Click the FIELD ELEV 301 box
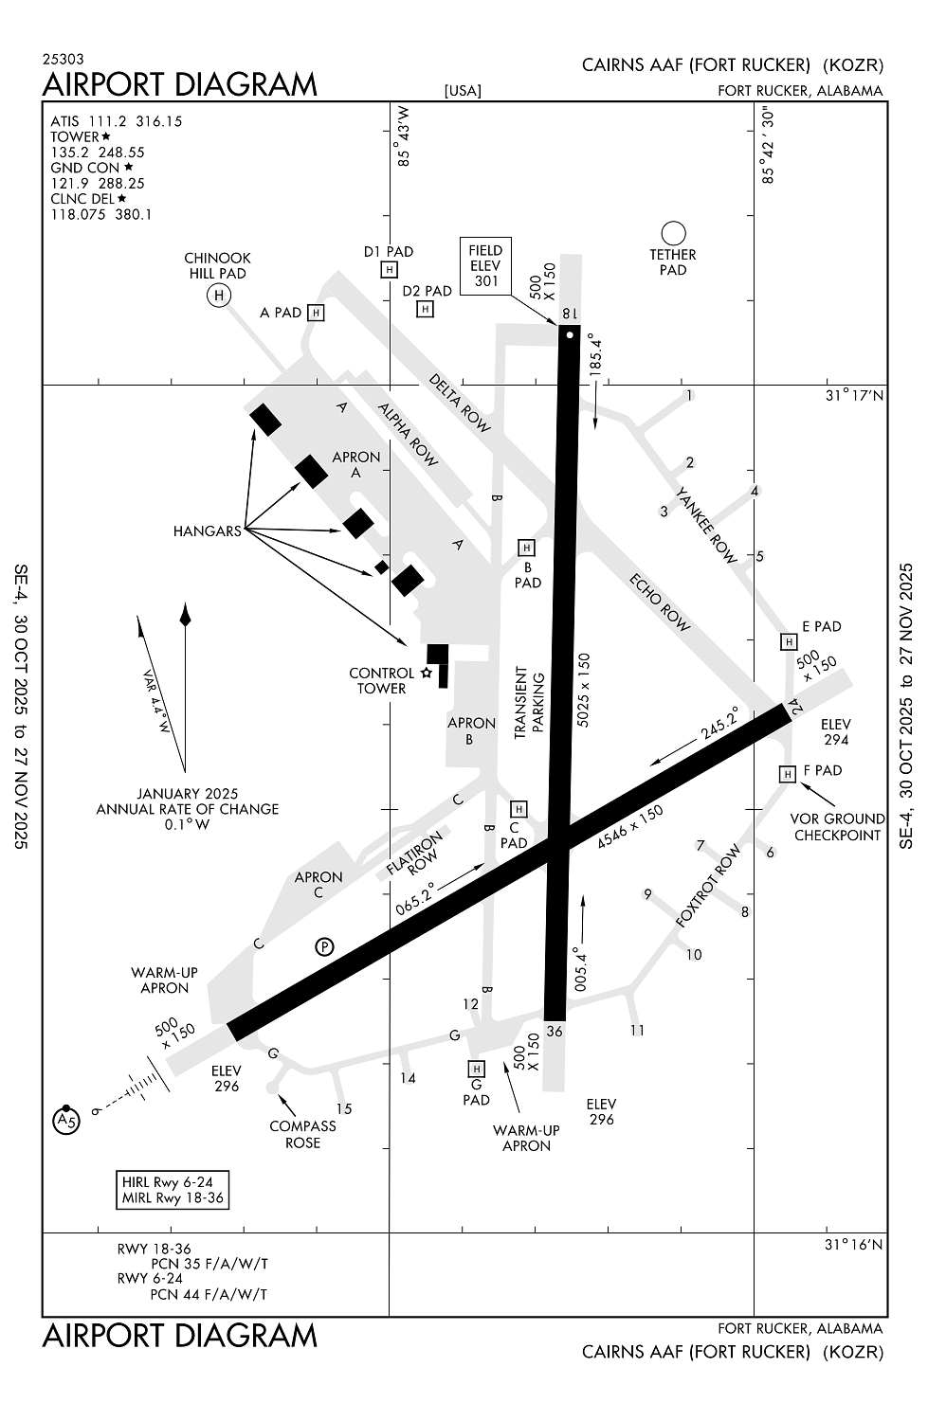tap(485, 266)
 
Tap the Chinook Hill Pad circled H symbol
tap(218, 296)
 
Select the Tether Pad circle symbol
tap(673, 233)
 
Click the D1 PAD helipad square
tap(389, 270)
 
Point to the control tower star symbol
tap(427, 673)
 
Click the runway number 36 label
tap(555, 1032)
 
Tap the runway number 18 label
tap(569, 314)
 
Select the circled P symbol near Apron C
tap(324, 946)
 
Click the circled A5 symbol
tap(65, 1122)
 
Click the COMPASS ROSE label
tap(302, 1134)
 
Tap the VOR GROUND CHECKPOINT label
tap(837, 826)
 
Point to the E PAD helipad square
tap(788, 642)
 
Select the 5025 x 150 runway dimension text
tap(584, 689)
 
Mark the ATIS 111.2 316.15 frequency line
tap(116, 121)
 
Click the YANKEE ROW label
tap(706, 525)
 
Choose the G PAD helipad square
tap(477, 1070)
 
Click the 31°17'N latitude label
tap(853, 395)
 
